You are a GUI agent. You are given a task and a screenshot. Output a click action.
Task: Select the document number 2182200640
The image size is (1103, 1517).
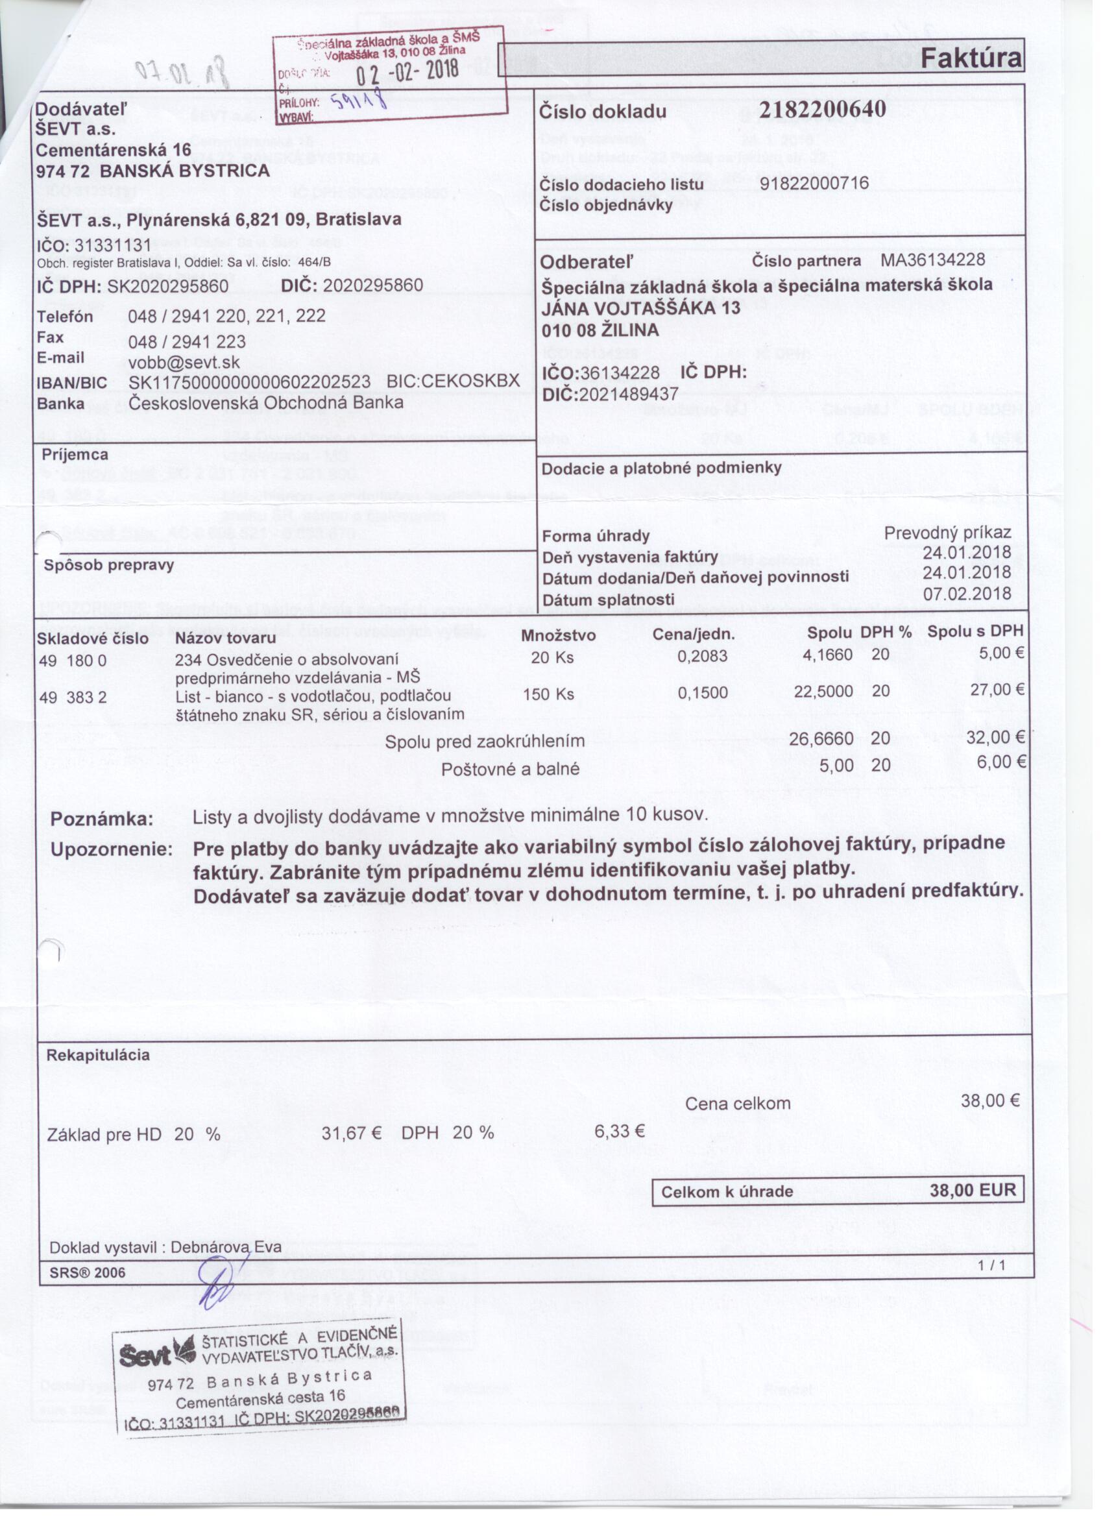[x=822, y=109]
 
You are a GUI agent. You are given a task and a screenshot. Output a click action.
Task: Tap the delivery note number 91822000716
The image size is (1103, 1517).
[x=814, y=182]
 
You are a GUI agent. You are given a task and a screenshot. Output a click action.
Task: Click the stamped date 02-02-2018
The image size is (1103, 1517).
[x=406, y=69]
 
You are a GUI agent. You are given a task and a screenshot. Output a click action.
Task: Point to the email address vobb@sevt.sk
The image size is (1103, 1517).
[x=184, y=363]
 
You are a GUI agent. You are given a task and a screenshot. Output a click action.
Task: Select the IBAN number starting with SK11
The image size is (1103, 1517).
[x=250, y=382]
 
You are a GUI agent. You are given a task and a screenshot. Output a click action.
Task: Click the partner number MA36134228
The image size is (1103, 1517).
[x=932, y=260]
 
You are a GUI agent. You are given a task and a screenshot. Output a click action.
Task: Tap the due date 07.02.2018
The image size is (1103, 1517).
[x=967, y=594]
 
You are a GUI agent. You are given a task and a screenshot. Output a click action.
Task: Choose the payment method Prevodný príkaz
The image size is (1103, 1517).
[x=947, y=533]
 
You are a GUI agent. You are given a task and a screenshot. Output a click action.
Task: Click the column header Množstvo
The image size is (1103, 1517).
[x=558, y=635]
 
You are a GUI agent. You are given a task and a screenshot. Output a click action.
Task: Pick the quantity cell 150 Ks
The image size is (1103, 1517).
[x=548, y=694]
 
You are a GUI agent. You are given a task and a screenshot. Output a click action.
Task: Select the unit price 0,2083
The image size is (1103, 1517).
[x=701, y=656]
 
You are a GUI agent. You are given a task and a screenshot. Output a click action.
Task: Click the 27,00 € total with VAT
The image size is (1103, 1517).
[x=997, y=690]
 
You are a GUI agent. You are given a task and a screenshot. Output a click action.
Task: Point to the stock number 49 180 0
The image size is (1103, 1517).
[x=73, y=660]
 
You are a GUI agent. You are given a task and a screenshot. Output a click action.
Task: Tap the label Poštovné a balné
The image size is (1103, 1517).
[x=510, y=769]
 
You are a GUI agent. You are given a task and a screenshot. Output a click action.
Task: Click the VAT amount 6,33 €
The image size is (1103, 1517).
[x=620, y=1131]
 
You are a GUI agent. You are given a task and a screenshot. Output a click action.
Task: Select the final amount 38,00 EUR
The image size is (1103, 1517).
[x=973, y=1190]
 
